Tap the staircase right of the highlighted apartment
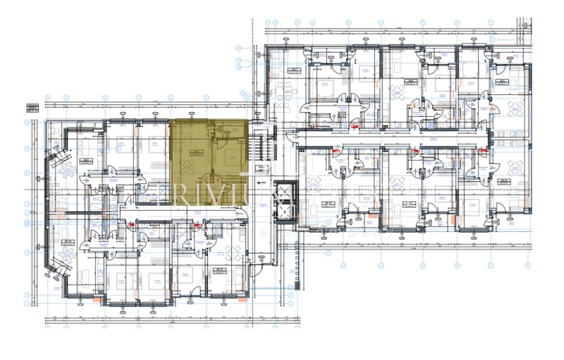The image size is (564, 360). (x=262, y=144)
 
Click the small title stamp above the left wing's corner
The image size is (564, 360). (x=32, y=108)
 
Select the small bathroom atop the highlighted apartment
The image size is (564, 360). (x=227, y=128)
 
